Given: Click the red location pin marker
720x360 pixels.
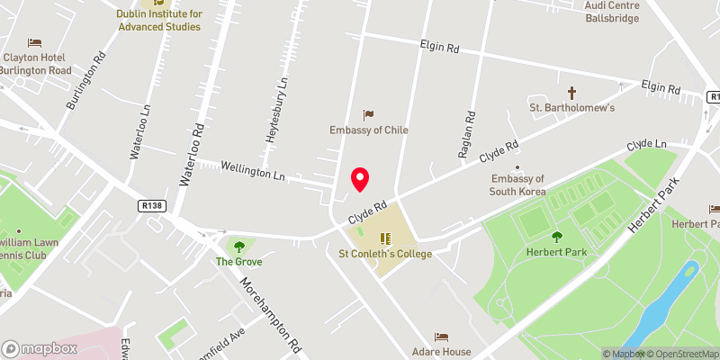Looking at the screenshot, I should (360, 179).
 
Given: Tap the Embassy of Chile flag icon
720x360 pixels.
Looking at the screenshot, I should (368, 114).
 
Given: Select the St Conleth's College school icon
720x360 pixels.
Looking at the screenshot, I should (385, 238).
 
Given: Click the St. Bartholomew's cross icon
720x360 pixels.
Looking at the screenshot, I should (571, 93).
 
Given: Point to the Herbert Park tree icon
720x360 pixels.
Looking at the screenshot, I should (556, 237).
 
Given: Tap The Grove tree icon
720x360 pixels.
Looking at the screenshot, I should (238, 246).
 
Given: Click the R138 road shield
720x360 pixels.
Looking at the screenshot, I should (152, 206).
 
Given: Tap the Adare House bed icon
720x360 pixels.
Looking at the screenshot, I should (440, 337).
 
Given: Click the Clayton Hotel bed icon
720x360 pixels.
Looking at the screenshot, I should (34, 42).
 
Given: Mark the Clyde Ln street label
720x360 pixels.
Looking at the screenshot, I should (647, 144).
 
